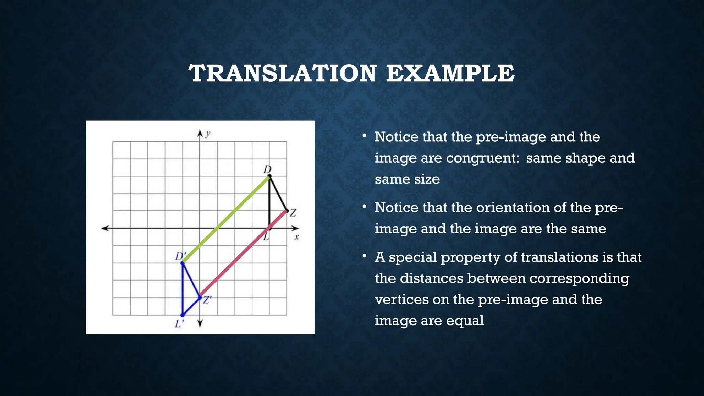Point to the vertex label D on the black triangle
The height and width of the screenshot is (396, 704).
coord(267,169)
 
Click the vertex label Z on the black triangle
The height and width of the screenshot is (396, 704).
coord(293,213)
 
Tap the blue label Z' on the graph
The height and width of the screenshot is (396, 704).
coord(207,300)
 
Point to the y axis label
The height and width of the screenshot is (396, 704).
coord(208,134)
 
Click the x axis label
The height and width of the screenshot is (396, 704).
coord(297,237)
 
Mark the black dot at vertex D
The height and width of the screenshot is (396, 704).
coord(269,176)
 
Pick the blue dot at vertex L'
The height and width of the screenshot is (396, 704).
coord(183,315)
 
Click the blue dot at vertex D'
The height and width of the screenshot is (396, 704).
coord(183,263)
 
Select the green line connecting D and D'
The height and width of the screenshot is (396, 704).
coord(226,220)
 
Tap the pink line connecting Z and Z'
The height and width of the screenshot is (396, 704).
coord(243,254)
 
